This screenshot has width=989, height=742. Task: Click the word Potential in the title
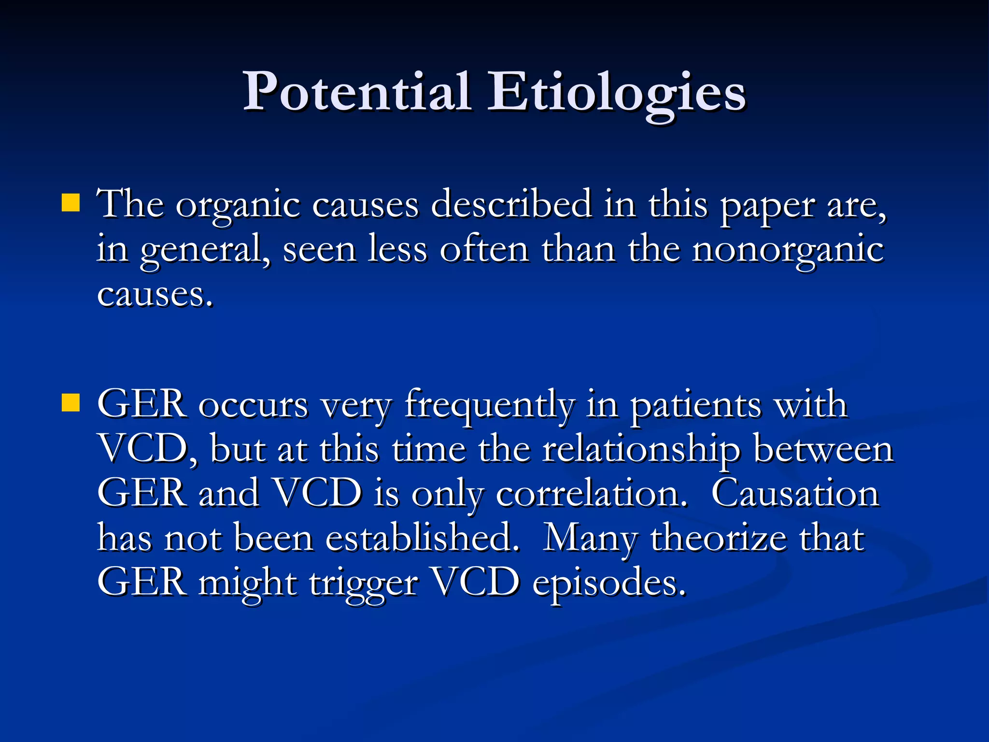[356, 92]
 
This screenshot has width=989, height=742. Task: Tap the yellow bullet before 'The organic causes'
[71, 203]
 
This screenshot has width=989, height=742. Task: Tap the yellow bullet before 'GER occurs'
[71, 402]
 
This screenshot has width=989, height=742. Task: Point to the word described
[511, 205]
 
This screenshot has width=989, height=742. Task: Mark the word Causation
[795, 494]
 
